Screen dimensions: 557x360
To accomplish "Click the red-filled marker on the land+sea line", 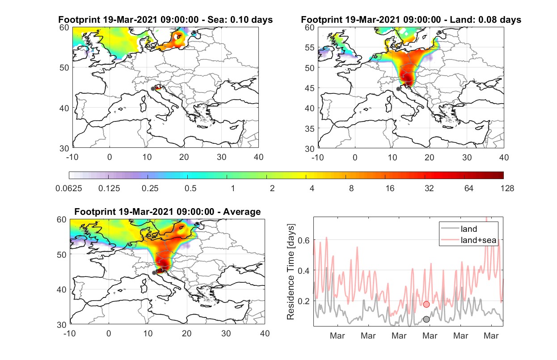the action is click(x=426, y=304).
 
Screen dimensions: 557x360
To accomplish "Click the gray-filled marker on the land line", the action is click(x=426, y=319).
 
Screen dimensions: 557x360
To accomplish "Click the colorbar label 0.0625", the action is click(x=69, y=188).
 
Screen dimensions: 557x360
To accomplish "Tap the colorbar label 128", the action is click(x=507, y=188).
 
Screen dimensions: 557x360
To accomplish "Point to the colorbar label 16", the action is click(x=390, y=188).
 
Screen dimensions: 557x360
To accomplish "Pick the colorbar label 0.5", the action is click(x=190, y=188).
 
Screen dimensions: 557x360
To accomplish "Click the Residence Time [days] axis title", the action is click(x=291, y=272).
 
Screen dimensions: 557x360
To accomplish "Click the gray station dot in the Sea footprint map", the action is click(x=153, y=89).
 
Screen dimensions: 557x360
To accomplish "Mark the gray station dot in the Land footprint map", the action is click(x=398, y=89).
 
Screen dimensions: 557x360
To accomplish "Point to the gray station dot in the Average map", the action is click(x=154, y=273).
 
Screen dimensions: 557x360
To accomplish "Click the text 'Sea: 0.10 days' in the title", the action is click(x=240, y=20).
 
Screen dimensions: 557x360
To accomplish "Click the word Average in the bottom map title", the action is click(x=242, y=212).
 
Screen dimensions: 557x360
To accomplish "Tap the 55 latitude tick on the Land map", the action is click(x=310, y=47).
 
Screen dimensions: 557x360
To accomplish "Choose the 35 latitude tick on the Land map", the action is click(x=310, y=129).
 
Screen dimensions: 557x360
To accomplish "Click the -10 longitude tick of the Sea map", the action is click(x=72, y=157).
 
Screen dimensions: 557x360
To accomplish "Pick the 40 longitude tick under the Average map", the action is click(x=265, y=333).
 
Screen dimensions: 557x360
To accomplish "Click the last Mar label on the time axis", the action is click(x=491, y=336).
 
